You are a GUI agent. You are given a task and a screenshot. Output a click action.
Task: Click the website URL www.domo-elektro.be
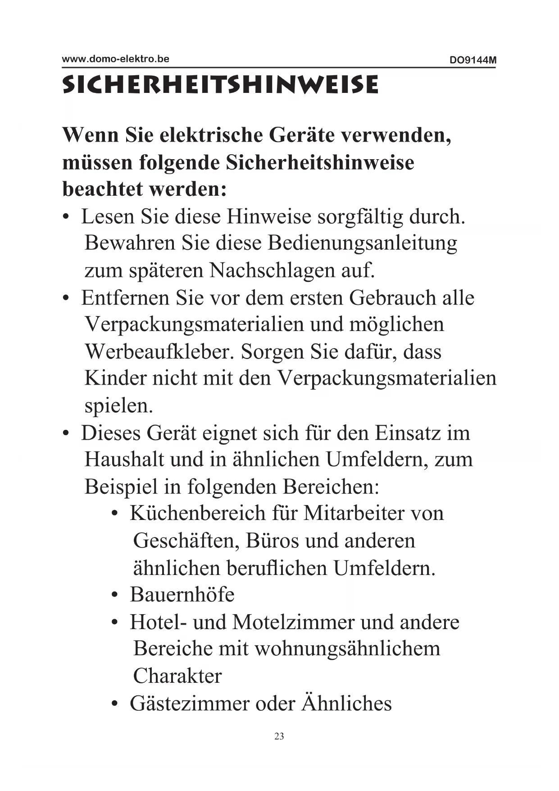tap(115, 59)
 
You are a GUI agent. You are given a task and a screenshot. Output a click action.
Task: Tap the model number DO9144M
tap(473, 60)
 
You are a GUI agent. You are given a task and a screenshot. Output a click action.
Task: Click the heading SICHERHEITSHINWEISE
tap(220, 85)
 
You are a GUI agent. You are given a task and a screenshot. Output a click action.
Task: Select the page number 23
tap(279, 736)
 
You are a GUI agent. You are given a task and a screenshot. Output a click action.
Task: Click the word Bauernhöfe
tap(182, 594)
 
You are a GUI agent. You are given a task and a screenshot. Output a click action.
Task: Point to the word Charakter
tap(177, 676)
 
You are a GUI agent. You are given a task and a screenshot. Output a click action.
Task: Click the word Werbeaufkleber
tap(159, 351)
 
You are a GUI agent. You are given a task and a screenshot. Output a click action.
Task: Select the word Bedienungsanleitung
tap(362, 243)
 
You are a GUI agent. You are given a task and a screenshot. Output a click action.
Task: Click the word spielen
tap(118, 405)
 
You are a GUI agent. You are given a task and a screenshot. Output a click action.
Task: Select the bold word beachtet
tap(102, 189)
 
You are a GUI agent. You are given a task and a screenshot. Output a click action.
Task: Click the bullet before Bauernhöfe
tap(115, 595)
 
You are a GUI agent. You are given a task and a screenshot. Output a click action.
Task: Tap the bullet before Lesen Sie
tap(66, 217)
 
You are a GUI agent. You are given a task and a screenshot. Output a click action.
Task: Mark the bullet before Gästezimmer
tap(115, 704)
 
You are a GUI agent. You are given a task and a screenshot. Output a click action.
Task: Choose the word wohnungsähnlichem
tap(347, 649)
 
